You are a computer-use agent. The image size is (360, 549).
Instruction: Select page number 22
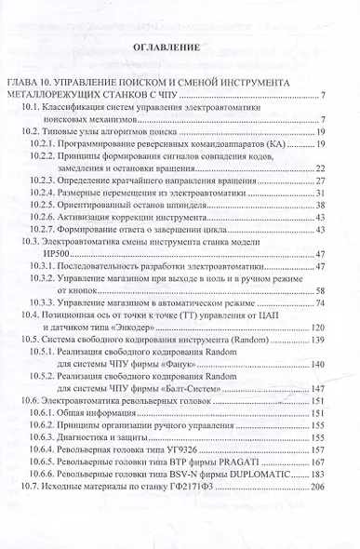click(x=319, y=168)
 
